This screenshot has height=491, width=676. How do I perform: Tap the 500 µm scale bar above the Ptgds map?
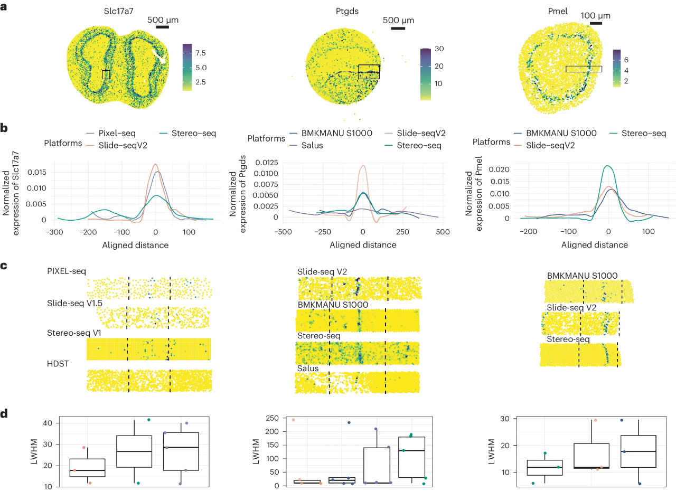[398, 28]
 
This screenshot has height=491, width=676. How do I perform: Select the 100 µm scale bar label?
[595, 15]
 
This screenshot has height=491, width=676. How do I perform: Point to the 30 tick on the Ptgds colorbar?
[438, 49]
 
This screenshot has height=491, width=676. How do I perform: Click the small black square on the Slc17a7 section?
[106, 74]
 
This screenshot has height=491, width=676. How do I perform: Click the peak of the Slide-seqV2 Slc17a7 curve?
[155, 164]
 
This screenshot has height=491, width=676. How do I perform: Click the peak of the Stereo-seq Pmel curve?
[608, 166]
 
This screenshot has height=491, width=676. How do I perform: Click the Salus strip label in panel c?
[308, 367]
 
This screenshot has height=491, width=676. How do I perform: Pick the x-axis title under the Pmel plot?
[595, 245]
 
